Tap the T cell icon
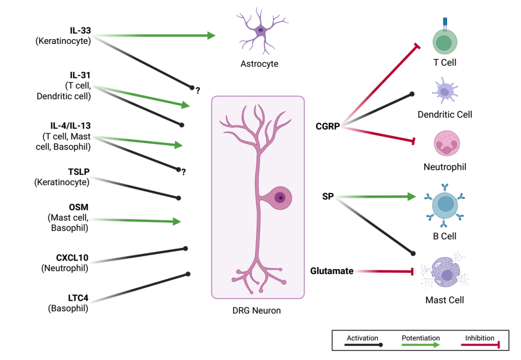pos(444,42)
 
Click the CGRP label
pos(328,126)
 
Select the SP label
pos(328,197)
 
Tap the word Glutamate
pos(332,271)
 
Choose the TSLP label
pos(79,172)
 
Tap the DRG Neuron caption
pos(257,311)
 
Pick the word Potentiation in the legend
pos(421,338)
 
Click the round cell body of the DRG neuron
pos(280,197)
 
